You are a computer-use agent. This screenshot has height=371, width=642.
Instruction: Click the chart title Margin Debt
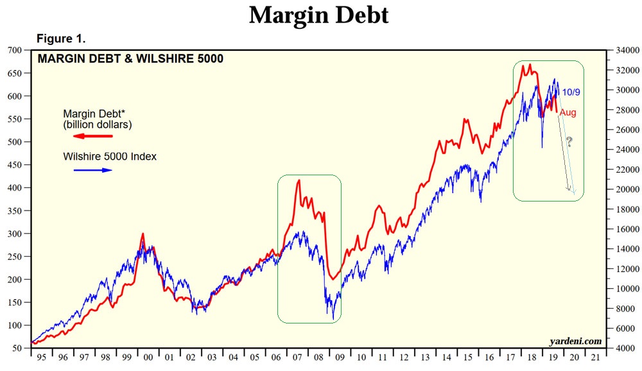(x=318, y=15)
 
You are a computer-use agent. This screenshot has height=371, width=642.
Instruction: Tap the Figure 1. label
(x=62, y=39)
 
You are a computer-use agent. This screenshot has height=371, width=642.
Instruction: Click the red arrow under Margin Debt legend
(x=92, y=136)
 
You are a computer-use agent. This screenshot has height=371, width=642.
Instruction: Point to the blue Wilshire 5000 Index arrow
(x=92, y=170)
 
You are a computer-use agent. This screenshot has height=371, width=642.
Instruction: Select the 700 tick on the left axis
(x=13, y=50)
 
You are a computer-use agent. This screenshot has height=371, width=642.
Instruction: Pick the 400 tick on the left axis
(x=13, y=187)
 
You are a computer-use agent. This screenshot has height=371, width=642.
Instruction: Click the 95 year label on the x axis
(x=42, y=357)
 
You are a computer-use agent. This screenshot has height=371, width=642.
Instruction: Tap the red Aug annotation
(x=568, y=113)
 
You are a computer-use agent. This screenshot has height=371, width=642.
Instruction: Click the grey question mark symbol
(x=568, y=142)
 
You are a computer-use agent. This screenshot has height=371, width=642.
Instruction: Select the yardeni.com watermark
(x=575, y=341)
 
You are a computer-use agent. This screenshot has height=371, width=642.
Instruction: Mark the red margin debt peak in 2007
(x=299, y=181)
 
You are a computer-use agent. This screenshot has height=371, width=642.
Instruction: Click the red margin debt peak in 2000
(x=143, y=234)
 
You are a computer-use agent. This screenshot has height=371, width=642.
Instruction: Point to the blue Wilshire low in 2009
(x=333, y=318)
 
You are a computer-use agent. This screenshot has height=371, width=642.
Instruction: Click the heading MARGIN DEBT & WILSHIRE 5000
(x=130, y=59)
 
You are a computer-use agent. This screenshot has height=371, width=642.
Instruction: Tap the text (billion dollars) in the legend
(x=97, y=125)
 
